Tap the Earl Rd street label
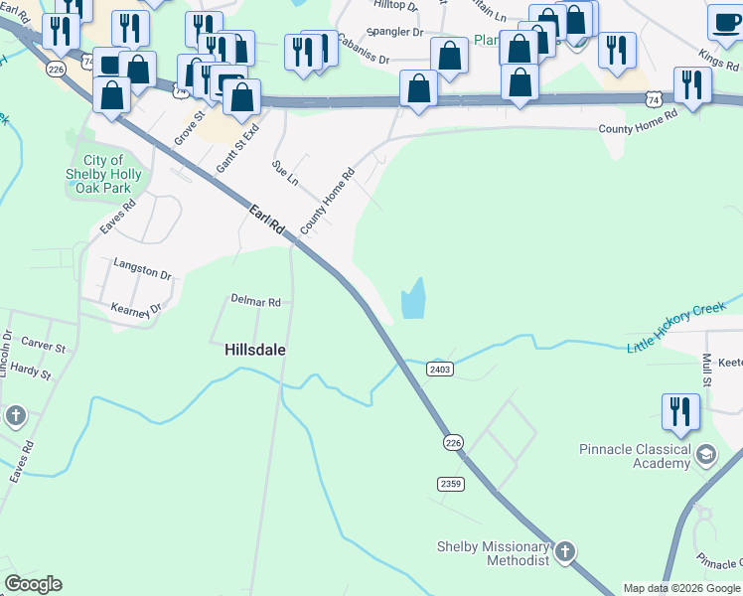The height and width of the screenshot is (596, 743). tap(267, 221)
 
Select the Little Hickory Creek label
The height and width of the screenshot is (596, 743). tap(677, 326)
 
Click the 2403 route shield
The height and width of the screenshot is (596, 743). tap(440, 369)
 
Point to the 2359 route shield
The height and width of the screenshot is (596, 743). tap(450, 484)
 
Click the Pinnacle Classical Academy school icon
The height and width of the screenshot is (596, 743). tap(706, 456)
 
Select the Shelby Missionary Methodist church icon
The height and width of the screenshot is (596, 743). tap(564, 550)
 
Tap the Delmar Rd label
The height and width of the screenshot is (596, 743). tap(255, 301)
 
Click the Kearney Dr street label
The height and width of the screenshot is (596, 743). tap(136, 310)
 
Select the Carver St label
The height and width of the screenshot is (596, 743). tap(44, 349)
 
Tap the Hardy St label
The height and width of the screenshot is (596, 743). tap(31, 372)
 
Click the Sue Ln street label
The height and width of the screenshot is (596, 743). tap(286, 175)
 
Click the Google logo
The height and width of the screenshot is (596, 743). tap(33, 584)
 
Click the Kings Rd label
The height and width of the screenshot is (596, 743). tap(719, 58)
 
